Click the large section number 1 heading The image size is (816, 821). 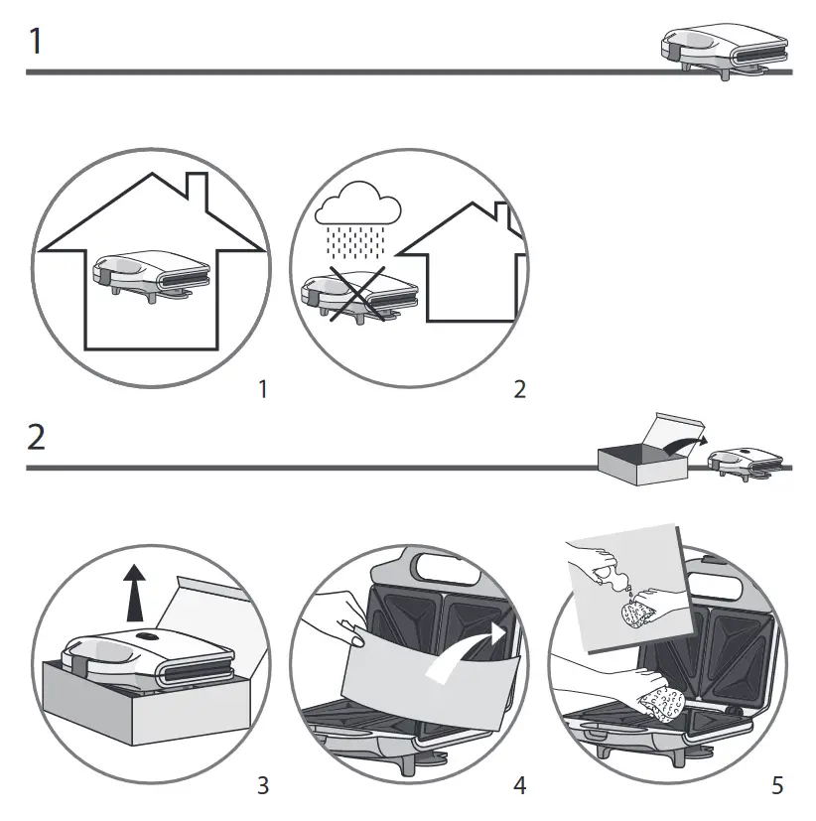pyautogui.click(x=36, y=44)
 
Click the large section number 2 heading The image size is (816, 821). pyautogui.click(x=37, y=438)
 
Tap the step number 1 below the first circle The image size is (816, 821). pyautogui.click(x=262, y=389)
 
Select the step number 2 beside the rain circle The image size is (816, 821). pyautogui.click(x=519, y=389)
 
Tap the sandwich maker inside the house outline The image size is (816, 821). pyautogui.click(x=152, y=272)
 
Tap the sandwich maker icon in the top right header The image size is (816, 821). pyautogui.click(x=725, y=50)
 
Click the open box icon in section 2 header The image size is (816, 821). pyautogui.click(x=635, y=457)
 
